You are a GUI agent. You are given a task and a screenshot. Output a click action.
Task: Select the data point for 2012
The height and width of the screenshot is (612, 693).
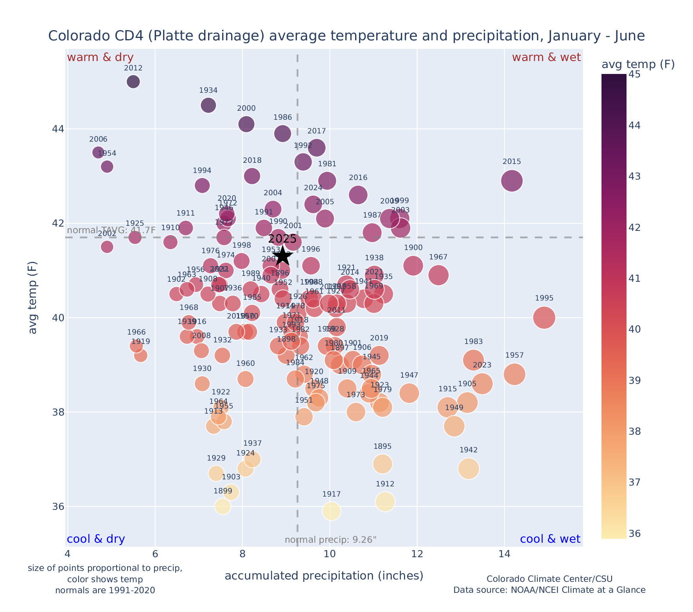133,82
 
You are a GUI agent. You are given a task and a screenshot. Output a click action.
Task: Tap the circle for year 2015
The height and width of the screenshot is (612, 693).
512,181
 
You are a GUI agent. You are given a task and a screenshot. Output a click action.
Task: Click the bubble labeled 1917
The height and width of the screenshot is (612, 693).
331,511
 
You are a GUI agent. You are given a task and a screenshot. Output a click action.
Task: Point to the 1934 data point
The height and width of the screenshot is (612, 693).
208,105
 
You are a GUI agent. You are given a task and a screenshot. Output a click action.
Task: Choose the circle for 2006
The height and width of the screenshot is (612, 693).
98,152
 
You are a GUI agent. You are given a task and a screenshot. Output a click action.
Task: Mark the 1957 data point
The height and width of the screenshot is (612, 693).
514,374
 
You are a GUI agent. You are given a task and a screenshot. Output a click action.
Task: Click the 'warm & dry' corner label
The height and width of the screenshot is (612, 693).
101,58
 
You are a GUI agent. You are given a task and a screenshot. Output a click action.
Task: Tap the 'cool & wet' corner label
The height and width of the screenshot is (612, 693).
550,539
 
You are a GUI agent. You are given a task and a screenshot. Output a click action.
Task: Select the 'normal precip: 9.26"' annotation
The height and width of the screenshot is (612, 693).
330,540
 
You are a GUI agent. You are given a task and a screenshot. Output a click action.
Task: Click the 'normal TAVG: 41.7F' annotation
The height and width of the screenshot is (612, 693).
111,230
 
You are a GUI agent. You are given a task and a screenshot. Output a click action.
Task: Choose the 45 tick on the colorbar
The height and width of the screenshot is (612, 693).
635,74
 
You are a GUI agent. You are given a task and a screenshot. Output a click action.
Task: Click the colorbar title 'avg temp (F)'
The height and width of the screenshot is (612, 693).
638,64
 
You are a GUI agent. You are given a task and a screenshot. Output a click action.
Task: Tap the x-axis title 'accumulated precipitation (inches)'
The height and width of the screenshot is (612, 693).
324,576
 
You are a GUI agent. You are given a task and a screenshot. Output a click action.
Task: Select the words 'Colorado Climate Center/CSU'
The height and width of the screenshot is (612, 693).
549,579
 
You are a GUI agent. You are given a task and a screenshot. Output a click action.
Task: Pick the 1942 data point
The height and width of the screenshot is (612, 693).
469,468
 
